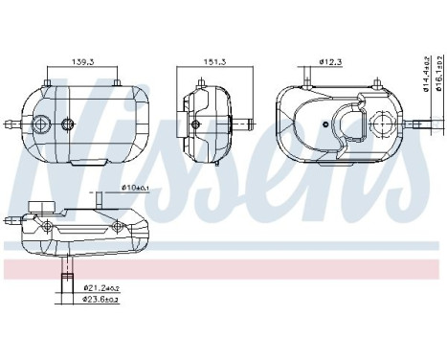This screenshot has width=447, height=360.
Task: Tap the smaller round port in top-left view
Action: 67,124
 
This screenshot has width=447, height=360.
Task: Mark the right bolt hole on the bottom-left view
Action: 117,226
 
